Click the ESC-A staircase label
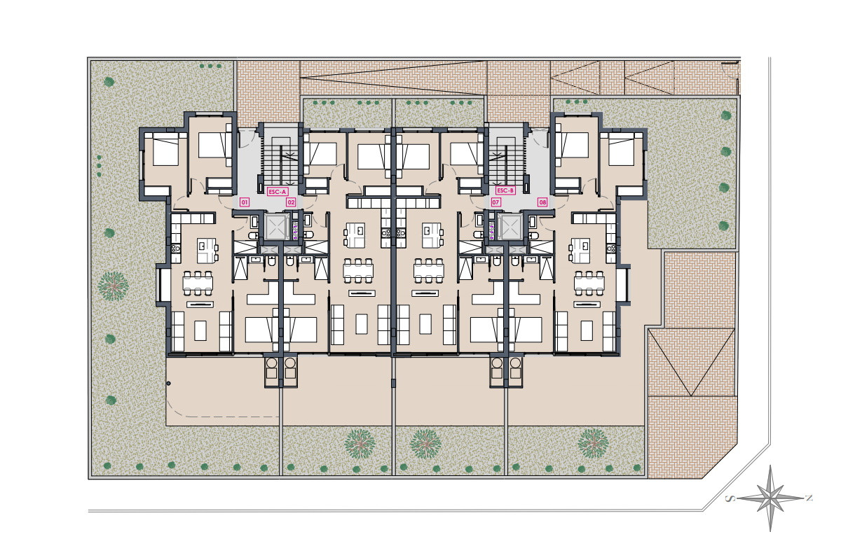pos(277,192)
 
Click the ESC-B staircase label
pos(505,190)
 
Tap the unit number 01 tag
pos(245,203)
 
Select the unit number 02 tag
pos(291,203)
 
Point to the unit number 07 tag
pos(495,202)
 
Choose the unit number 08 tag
pos(542,202)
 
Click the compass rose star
pos(770,498)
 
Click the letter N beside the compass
pos(809,498)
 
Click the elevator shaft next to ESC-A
pos(277,226)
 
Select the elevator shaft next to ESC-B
pos(510,226)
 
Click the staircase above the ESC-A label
pos(281,162)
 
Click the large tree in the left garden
pos(113,286)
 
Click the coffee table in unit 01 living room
pos(200,330)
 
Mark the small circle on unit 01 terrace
pos(169,384)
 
